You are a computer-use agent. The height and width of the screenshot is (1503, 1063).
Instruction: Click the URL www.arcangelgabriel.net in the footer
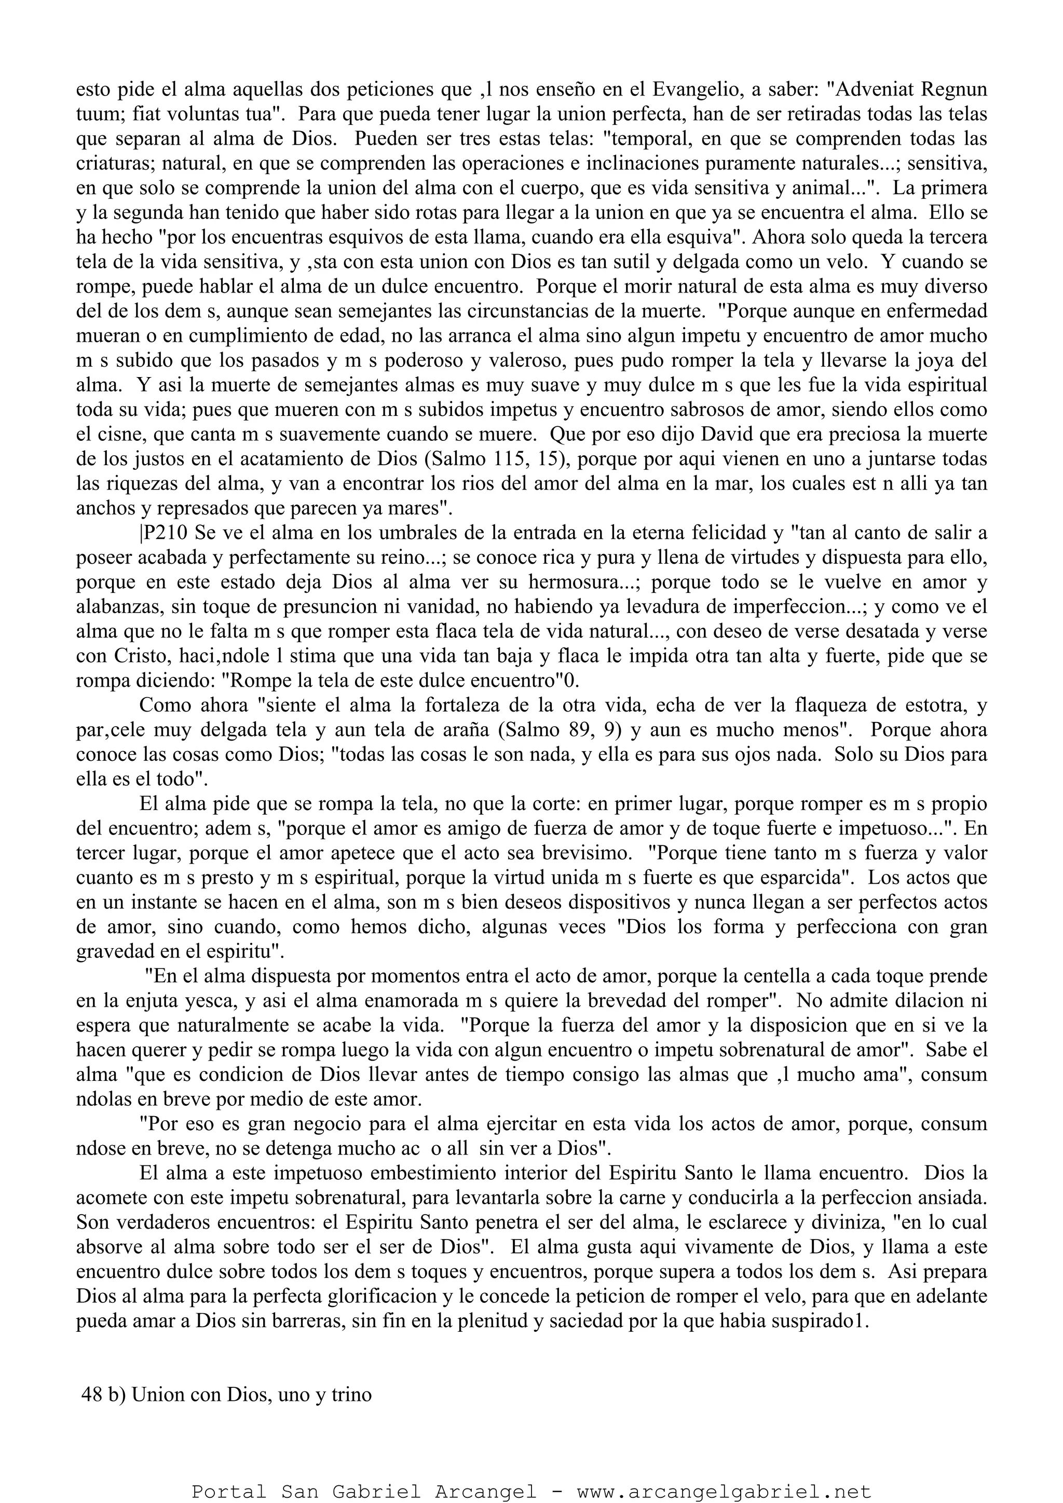724,1488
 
